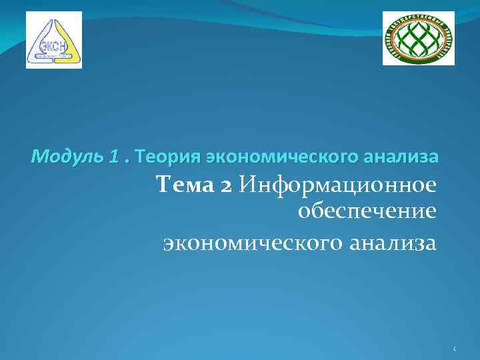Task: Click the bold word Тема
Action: point(183,186)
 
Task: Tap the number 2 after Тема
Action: point(225,187)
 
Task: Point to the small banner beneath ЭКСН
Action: point(53,57)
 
